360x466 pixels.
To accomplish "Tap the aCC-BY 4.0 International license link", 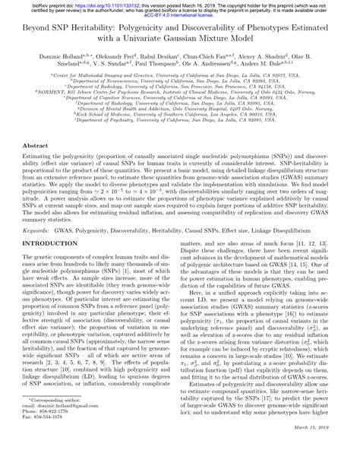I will (x=179, y=14).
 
